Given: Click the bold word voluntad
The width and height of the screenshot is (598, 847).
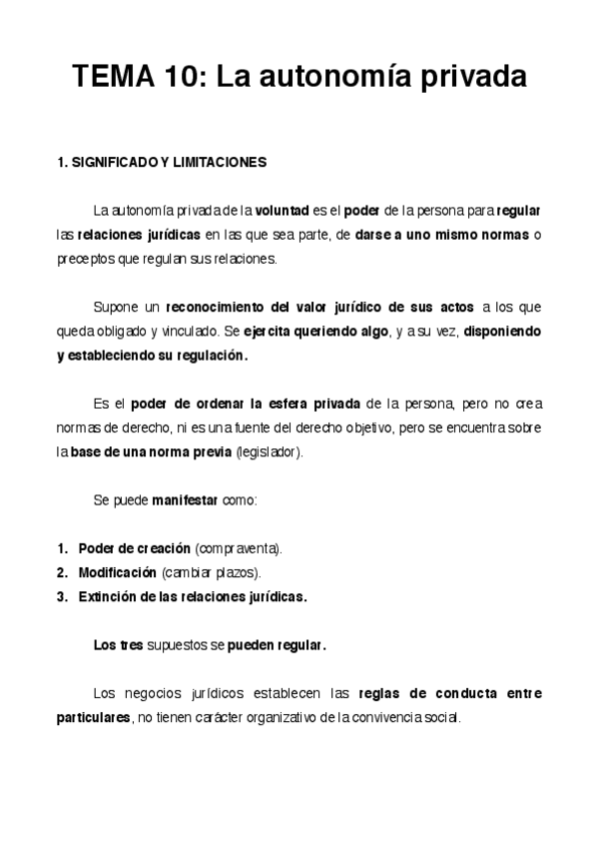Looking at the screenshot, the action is click(x=283, y=212).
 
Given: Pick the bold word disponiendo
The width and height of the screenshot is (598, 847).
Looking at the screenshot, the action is click(x=503, y=331).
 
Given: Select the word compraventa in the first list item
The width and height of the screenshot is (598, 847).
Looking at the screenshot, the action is click(x=239, y=548).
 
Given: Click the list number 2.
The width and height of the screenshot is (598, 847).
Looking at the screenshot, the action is click(x=62, y=572).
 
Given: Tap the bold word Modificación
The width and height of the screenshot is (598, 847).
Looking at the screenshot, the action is click(x=118, y=572).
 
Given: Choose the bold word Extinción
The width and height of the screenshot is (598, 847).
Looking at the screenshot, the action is click(x=107, y=596).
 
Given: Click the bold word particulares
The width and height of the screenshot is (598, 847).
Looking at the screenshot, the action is click(x=94, y=717).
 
